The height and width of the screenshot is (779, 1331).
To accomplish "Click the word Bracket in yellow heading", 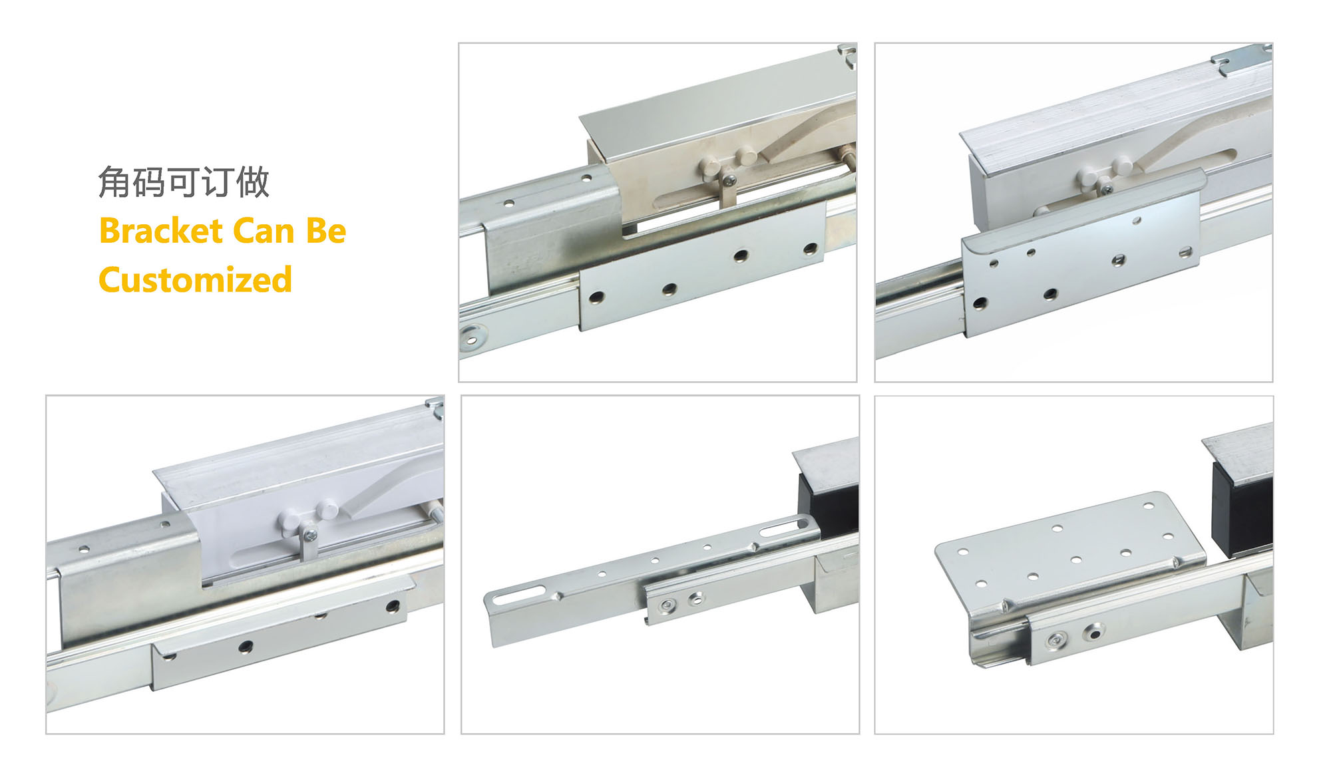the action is pyautogui.click(x=161, y=231).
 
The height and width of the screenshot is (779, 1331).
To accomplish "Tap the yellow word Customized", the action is pyautogui.click(x=195, y=279).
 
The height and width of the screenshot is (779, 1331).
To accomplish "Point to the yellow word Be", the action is pyautogui.click(x=325, y=231).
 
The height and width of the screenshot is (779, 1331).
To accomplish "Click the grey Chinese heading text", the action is pyautogui.click(x=184, y=182).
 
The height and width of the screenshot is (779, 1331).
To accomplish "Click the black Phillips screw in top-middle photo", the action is pyautogui.click(x=729, y=179).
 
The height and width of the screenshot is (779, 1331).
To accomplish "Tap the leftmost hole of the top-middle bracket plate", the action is pyautogui.click(x=596, y=297).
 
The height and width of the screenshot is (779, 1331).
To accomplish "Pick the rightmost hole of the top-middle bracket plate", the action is pyautogui.click(x=810, y=249).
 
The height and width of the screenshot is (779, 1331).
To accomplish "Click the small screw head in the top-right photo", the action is pyautogui.click(x=1107, y=190).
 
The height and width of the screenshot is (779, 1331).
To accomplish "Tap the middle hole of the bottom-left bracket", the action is pyautogui.click(x=246, y=646).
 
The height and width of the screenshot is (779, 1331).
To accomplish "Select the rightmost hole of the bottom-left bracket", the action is pyautogui.click(x=393, y=606).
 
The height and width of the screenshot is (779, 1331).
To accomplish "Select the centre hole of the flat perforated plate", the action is pyautogui.click(x=1076, y=559).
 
